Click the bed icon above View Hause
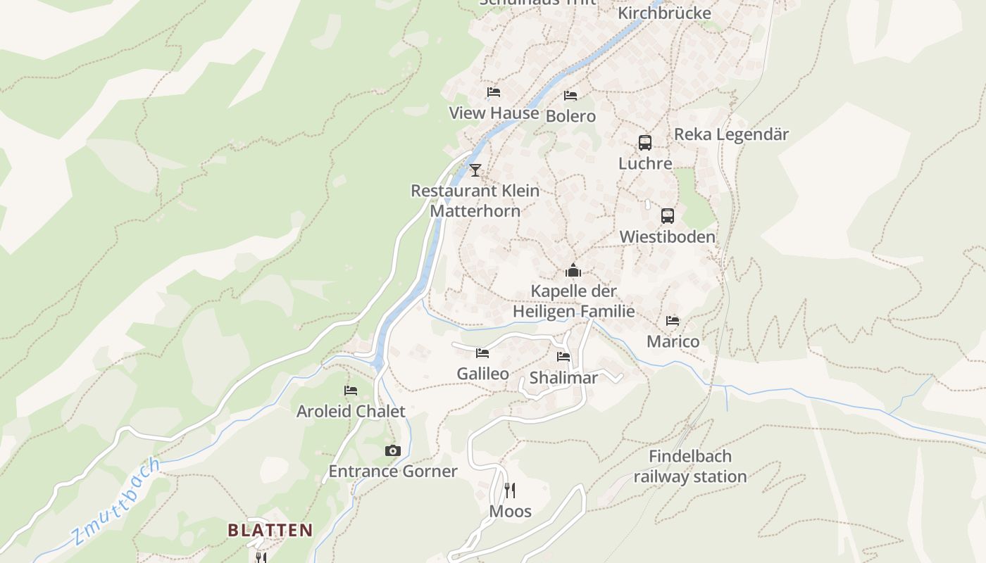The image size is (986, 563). click(494, 92)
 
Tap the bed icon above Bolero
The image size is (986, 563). click(570, 96)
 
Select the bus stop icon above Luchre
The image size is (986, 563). click(645, 143)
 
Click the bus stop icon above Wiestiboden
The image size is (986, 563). click(668, 216)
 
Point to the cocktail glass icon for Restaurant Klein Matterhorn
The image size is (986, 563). click(475, 170)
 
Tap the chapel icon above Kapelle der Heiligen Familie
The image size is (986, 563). click(573, 271)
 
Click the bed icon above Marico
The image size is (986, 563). click(673, 321)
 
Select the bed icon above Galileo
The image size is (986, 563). click(482, 353)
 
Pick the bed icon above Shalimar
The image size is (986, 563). click(563, 357)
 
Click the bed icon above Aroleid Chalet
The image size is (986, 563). click(351, 391)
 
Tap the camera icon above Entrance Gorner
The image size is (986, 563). click(393, 450)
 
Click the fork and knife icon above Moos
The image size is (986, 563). click(510, 490)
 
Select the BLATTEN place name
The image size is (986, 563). click(270, 530)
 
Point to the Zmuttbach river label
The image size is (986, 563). click(117, 502)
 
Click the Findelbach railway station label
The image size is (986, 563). click(689, 466)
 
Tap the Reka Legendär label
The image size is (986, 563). click(731, 134)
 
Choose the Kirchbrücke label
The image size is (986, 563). click(664, 13)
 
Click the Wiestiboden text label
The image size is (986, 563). click(667, 236)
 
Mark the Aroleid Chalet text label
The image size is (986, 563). click(351, 411)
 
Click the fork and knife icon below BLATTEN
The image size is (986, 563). click(261, 557)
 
